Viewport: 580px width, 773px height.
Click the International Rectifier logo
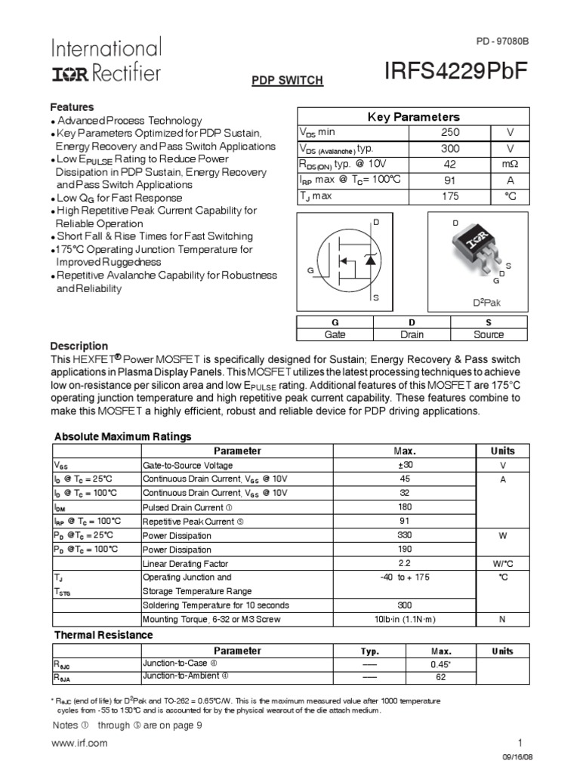pyautogui.click(x=106, y=60)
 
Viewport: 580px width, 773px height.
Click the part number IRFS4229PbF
pyautogui.click(x=455, y=69)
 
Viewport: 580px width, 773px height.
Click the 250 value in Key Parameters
pyautogui.click(x=450, y=133)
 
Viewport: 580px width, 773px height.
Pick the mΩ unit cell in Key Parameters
pyautogui.click(x=510, y=165)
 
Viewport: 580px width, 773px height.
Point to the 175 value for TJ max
pyautogui.click(x=450, y=196)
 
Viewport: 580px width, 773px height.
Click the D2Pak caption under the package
pyautogui.click(x=487, y=303)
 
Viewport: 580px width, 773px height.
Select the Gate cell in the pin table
pyautogui.click(x=334, y=334)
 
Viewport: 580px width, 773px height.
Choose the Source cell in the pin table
pyautogui.click(x=489, y=334)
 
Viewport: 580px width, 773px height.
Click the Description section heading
pyautogui.click(x=79, y=346)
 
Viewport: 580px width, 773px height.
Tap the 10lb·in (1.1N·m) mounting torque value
pyautogui.click(x=405, y=620)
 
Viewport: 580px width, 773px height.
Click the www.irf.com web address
pyautogui.click(x=79, y=743)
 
